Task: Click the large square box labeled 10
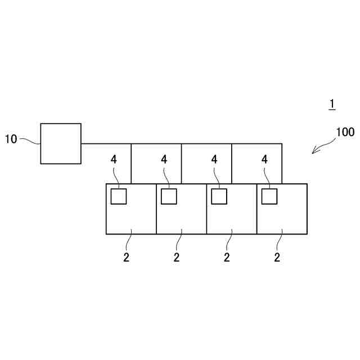(x=61, y=143)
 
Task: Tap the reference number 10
(x=11, y=139)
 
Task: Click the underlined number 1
(x=332, y=104)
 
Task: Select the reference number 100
(x=345, y=133)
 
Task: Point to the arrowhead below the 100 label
(x=315, y=150)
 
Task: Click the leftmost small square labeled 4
(x=118, y=196)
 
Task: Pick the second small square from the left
(x=169, y=196)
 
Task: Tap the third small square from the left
(x=219, y=196)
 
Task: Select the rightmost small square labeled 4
(x=269, y=196)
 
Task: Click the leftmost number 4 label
(x=114, y=160)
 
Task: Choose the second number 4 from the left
(x=164, y=160)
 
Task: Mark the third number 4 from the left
(x=214, y=160)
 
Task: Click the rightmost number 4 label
(x=265, y=160)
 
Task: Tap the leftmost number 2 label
(x=126, y=258)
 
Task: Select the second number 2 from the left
(x=177, y=258)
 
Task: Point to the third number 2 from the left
(x=227, y=258)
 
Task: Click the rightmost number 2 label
(x=277, y=258)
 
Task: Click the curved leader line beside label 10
(x=30, y=141)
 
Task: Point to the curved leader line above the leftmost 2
(x=129, y=240)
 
